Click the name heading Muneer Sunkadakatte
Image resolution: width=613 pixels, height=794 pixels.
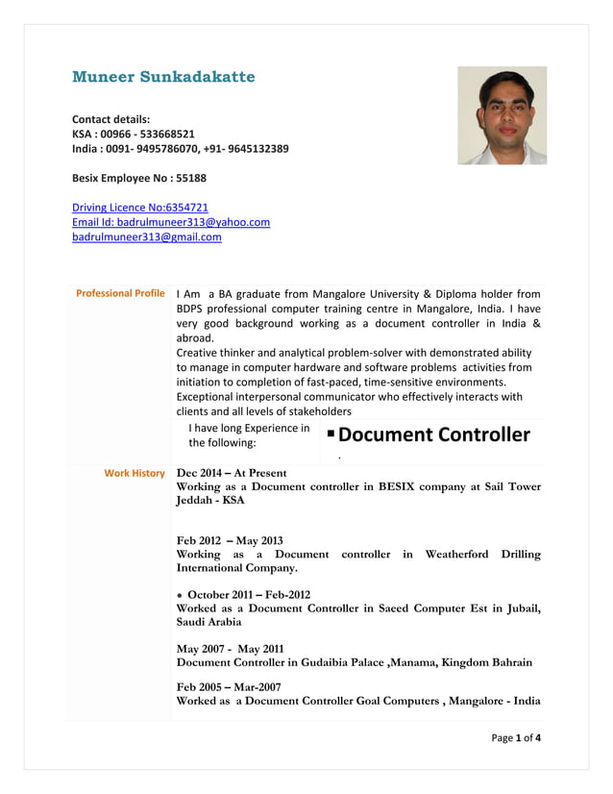pos(163,77)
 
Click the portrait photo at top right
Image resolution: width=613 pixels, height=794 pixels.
pos(502,115)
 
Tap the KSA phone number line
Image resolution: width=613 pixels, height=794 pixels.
pos(134,134)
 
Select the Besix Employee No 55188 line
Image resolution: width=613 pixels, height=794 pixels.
pos(139,178)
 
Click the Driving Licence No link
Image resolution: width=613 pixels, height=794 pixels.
pos(140,207)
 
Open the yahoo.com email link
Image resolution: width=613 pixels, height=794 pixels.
pos(171,222)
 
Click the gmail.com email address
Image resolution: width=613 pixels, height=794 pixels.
pos(147,236)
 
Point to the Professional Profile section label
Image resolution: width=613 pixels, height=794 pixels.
pos(120,293)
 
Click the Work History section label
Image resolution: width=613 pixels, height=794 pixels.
pos(135,473)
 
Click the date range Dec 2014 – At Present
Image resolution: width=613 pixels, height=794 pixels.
pos(232,473)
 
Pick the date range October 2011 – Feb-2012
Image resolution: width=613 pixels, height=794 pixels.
pos(249,594)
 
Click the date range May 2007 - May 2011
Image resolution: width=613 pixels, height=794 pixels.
pos(230,648)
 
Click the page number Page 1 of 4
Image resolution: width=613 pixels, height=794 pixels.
pos(516,738)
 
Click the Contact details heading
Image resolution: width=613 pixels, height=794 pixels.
pos(111,118)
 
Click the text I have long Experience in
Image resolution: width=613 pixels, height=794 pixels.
pos(249,428)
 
